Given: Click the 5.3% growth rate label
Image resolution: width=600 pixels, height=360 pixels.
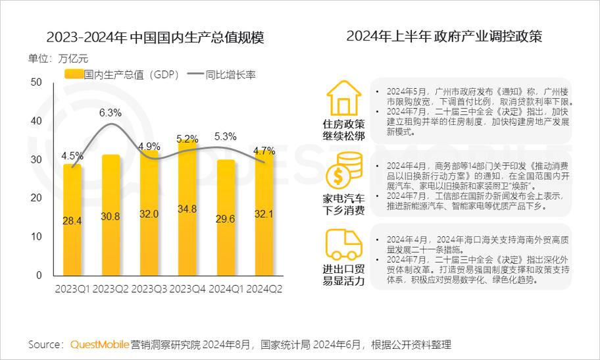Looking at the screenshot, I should (x=226, y=137).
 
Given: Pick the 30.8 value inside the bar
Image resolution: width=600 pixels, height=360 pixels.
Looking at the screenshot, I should (x=111, y=217).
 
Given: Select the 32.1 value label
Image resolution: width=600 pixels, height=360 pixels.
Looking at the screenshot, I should (x=264, y=214).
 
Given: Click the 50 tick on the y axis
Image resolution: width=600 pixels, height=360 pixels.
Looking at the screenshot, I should (x=36, y=82).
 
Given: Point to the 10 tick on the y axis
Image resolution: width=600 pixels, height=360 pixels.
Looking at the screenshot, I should (x=36, y=236).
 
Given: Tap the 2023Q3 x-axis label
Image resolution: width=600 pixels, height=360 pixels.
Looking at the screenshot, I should (x=149, y=290).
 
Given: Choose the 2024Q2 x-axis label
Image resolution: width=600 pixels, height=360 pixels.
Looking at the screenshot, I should (x=264, y=290).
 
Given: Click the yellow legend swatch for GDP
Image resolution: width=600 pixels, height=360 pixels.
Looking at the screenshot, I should (x=74, y=74).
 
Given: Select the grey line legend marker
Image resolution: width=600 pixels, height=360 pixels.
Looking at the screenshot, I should (x=195, y=74).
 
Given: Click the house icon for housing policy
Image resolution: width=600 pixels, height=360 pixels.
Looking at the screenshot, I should (x=343, y=99).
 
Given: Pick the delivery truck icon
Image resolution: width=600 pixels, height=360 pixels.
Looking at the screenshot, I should (x=343, y=244).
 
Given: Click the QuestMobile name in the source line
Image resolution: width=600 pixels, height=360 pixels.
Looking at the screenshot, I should (x=99, y=344).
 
